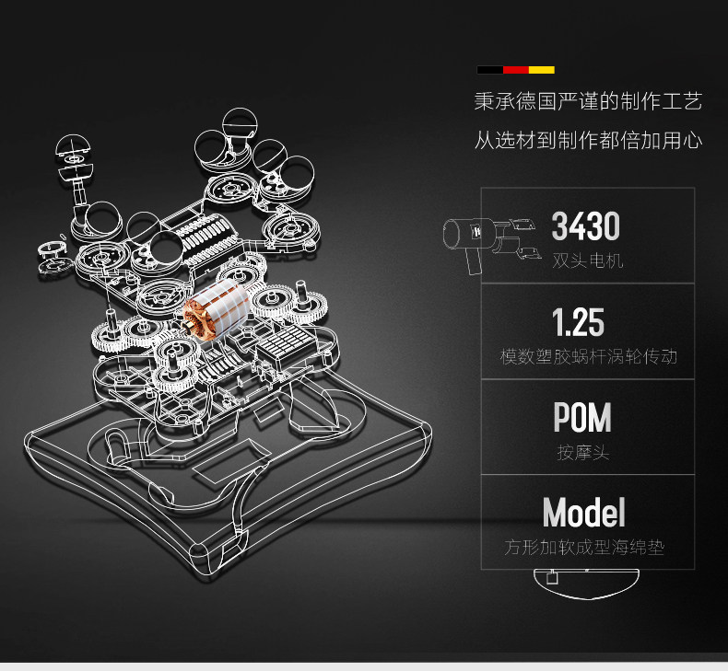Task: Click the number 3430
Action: (x=585, y=226)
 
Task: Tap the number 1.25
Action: (x=578, y=322)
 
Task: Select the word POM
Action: (x=582, y=418)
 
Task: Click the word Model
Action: (x=583, y=513)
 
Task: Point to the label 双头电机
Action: (x=588, y=260)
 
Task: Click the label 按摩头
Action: (x=583, y=453)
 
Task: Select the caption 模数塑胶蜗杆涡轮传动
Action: (x=588, y=356)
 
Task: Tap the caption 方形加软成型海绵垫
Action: (x=584, y=548)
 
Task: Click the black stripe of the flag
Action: (x=489, y=70)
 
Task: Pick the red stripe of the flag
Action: (x=515, y=70)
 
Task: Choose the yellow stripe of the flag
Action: (x=541, y=70)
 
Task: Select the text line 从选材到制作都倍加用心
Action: (x=588, y=141)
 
